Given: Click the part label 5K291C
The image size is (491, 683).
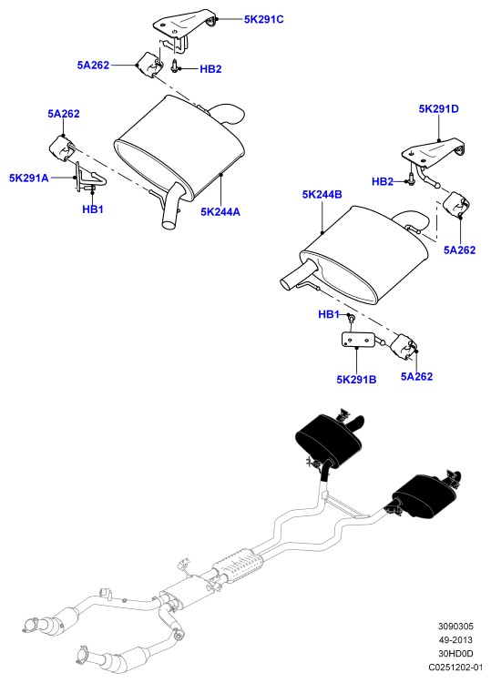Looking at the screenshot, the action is tap(263, 19).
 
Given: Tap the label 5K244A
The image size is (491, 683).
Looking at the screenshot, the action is tap(220, 211).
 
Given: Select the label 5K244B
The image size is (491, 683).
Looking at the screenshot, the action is tap(322, 194).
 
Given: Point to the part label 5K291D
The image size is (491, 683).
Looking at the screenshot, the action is tap(439, 109).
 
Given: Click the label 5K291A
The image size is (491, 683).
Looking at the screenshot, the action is tap(29, 178).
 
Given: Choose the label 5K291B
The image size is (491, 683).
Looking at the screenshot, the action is tap(356, 380).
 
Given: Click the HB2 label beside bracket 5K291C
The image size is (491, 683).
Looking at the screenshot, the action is tap(210, 69).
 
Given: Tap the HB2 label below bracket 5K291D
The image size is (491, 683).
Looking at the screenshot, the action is tap(383, 181).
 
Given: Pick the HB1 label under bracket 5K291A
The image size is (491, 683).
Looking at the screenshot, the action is tap(93, 209).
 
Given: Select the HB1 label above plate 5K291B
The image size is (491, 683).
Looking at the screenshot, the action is tap(329, 314).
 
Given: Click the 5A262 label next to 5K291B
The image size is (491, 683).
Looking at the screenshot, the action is tap(417, 376).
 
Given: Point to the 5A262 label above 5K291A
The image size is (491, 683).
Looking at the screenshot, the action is tap(64, 114).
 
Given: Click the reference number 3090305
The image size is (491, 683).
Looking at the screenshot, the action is tap(455, 627).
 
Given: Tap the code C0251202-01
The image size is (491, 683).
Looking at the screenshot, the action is tap(455, 667).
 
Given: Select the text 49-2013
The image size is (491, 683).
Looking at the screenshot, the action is tap(455, 640).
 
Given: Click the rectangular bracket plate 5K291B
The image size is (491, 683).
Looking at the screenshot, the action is tap(357, 341).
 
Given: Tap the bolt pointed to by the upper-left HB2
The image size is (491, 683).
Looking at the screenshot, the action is tap(175, 66).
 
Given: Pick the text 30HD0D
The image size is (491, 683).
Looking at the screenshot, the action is tap(455, 653).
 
